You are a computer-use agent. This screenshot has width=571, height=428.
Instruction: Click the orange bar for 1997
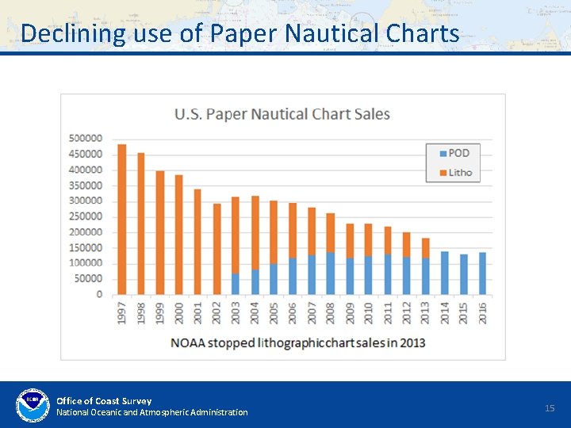121,219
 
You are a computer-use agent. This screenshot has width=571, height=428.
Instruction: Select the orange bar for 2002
217,249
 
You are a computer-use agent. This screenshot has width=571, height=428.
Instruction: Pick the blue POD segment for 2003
236,284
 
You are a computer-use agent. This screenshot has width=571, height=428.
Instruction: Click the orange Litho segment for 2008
330,233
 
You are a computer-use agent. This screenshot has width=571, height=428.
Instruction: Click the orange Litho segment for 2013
425,248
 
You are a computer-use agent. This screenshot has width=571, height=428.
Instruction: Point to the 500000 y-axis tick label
86,139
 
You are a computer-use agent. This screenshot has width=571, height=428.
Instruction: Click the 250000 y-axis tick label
86,216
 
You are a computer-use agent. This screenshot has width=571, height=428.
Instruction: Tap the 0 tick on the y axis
99,294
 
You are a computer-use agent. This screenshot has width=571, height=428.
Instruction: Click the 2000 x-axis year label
178,313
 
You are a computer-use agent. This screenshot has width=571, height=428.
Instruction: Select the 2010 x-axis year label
369,313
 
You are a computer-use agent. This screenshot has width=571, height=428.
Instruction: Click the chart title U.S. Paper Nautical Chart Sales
282,114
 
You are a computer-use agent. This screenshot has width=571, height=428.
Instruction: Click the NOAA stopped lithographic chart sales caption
297,342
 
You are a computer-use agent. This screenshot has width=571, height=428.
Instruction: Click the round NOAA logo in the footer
33,405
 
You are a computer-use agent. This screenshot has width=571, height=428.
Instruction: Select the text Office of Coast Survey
104,400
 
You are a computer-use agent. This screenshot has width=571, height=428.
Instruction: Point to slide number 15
550,407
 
